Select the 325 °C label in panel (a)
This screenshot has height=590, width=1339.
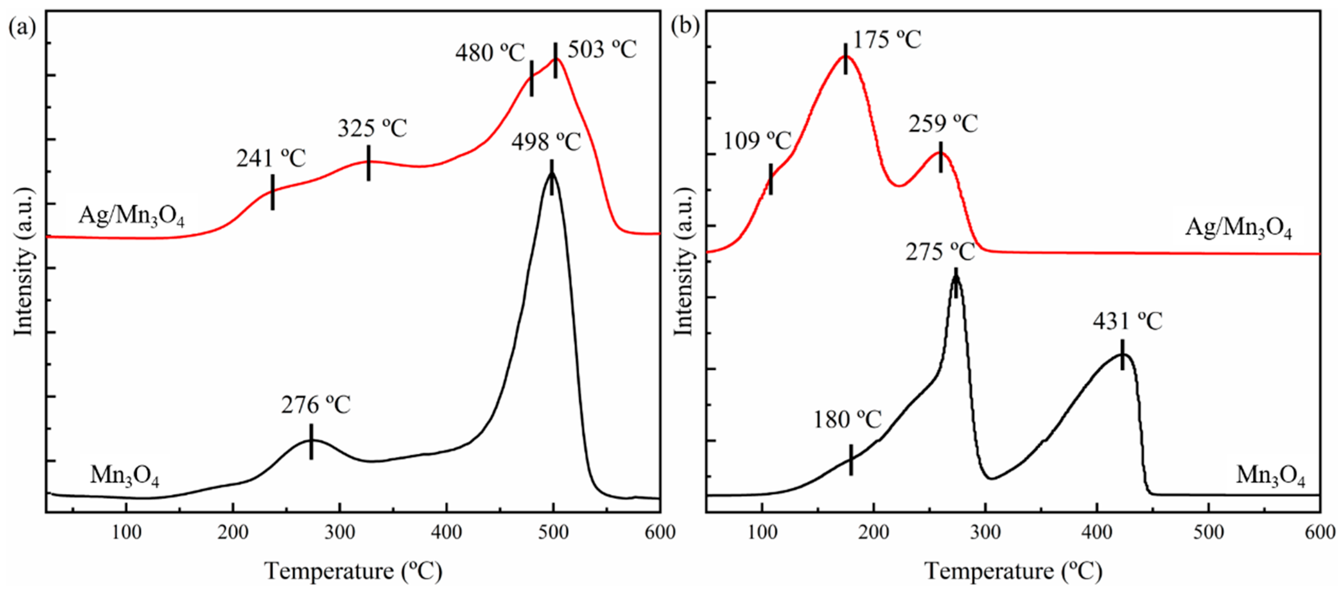coord(372,128)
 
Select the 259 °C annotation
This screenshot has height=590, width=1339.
coord(943,124)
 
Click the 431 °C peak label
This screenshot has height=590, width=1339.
coord(1127,322)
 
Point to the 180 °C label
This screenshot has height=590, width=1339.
coord(847,419)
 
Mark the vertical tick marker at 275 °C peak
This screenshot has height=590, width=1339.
coord(955,283)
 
